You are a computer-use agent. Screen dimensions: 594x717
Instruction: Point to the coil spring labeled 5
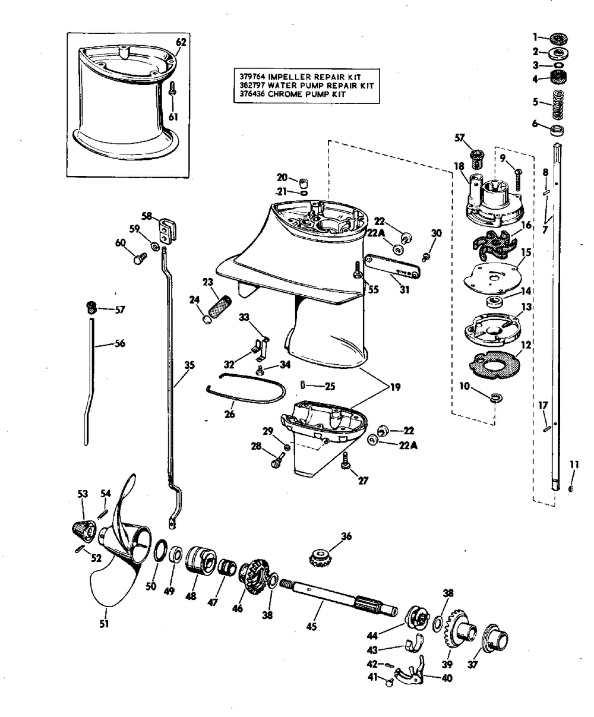pos(558,104)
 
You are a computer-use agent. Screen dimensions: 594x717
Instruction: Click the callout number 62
pos(181,42)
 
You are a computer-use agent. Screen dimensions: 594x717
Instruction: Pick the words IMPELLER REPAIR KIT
pos(314,77)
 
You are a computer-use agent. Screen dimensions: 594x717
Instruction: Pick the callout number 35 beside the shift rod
pos(189,365)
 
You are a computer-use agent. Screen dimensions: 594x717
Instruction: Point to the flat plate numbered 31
pos(392,266)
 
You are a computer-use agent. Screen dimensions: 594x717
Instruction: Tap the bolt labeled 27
pos(345,460)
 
